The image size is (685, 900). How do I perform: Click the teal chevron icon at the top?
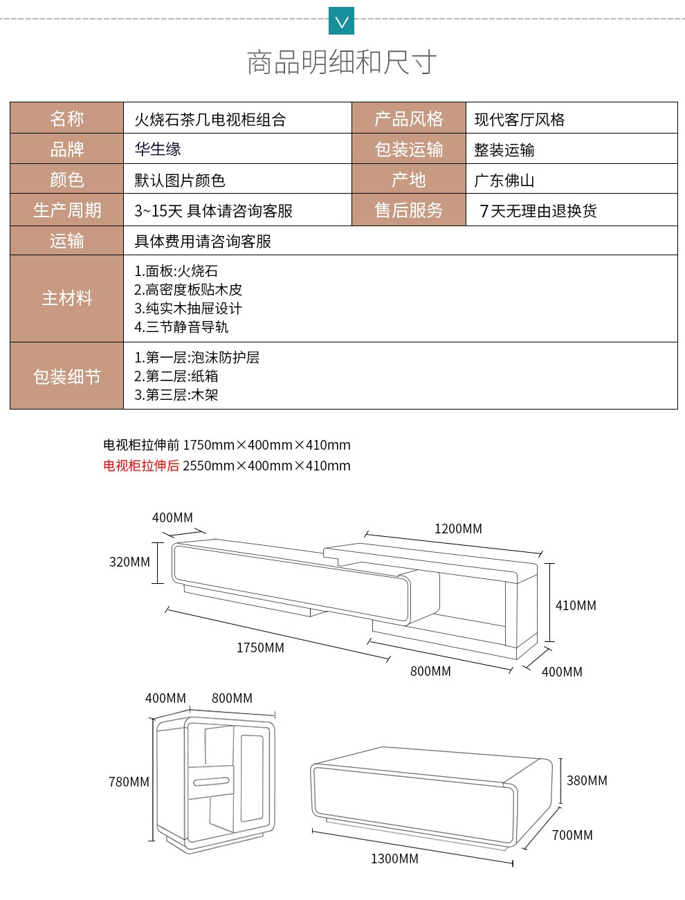point(341,21)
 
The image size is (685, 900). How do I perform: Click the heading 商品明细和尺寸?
point(342,62)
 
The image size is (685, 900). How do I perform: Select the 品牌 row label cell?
point(67,149)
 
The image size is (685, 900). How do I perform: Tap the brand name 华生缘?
point(158,149)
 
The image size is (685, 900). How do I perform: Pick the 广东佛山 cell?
point(572,179)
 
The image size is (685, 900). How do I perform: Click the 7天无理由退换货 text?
point(538,211)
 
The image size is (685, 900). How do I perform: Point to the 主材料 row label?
point(67,298)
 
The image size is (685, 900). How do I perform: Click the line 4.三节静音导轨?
point(181,327)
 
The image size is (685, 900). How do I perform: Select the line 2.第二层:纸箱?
point(176,376)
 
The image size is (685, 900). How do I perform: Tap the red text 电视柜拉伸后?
point(141,466)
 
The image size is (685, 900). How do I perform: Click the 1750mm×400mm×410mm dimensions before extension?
point(267,444)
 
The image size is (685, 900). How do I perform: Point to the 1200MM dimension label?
point(458,529)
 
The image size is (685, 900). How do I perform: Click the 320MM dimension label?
point(129,562)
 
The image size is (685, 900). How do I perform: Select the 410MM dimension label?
point(576,605)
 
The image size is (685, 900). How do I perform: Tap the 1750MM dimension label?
point(260,648)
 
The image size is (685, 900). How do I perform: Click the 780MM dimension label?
point(129,782)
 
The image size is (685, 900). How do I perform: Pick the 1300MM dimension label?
point(395,858)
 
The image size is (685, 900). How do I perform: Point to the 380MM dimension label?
point(587,780)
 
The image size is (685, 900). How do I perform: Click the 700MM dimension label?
point(572,835)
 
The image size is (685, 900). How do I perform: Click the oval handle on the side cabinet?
point(211,782)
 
